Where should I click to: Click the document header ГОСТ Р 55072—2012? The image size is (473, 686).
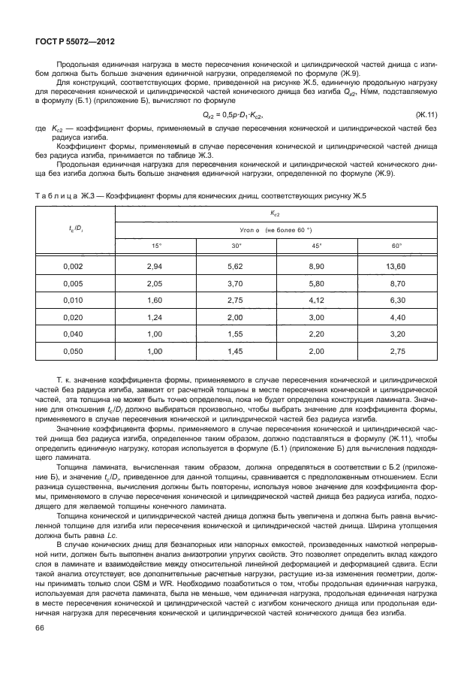pos(68,44)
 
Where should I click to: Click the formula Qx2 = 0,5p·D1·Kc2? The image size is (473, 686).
pos(234,114)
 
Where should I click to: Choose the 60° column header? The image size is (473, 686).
pos(397,246)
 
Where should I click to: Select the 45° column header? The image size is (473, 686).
pos(316,246)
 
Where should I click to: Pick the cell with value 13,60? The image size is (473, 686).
pos(396,266)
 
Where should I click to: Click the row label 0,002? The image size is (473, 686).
pos(73,266)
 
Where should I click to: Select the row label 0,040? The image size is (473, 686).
pos(73,334)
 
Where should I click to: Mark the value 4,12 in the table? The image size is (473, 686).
pos(316,300)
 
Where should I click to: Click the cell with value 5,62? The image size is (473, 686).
pos(236,266)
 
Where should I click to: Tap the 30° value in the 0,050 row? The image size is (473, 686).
pos(236,351)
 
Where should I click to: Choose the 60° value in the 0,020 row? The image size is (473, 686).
pos(397,317)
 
